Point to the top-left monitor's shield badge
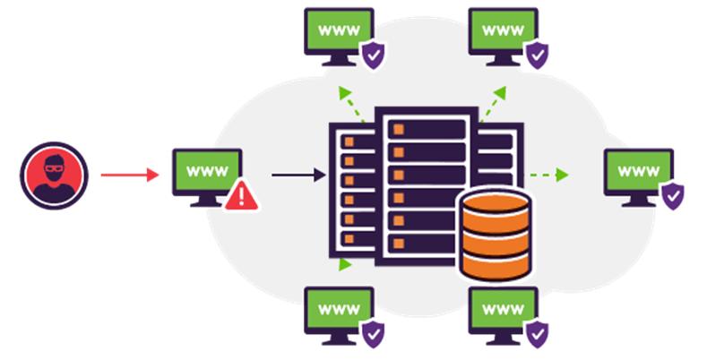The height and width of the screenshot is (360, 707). coord(372,56)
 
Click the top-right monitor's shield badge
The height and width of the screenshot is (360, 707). coord(536,56)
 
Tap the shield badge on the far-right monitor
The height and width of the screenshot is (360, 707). coord(671,194)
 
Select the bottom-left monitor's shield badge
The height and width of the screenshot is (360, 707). coord(372,333)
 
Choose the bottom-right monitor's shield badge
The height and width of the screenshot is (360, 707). coord(536,333)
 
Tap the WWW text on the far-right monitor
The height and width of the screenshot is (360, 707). coord(638,170)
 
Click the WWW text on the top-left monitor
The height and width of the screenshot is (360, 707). coord(339,30)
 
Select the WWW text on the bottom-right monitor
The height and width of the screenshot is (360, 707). coord(503,308)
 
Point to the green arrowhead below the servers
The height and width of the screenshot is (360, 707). coord(344,263)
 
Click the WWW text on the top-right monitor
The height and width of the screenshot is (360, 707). coord(503,30)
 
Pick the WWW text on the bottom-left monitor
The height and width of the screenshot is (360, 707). coord(339,308)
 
